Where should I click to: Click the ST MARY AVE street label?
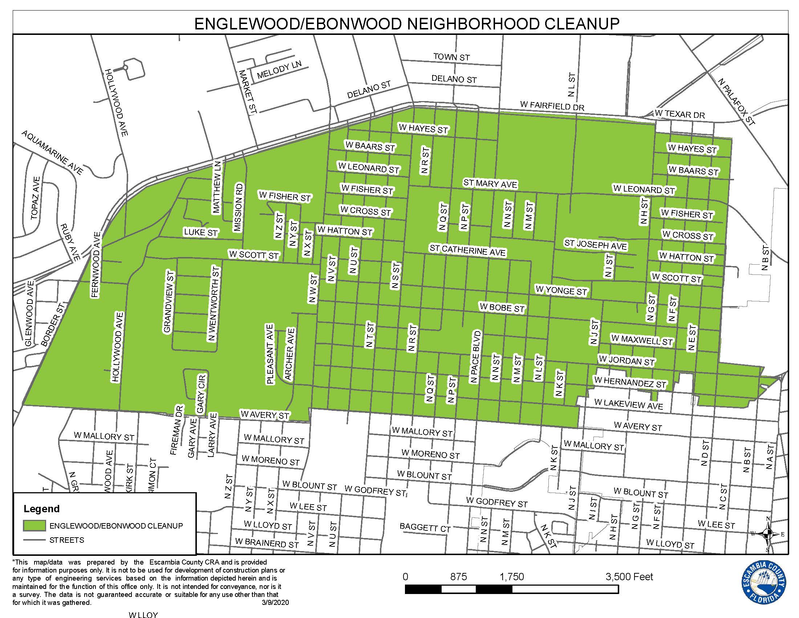click(490, 184)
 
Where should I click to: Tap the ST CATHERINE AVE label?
click(467, 251)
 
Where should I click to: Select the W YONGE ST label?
click(561, 291)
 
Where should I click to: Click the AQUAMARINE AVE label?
click(52, 152)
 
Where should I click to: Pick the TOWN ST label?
click(451, 57)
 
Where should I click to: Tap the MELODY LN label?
click(279, 70)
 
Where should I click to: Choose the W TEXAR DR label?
click(680, 114)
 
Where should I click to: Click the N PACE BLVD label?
click(475, 357)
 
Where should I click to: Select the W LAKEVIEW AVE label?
click(629, 404)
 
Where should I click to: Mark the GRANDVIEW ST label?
click(168, 302)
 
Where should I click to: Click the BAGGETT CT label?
click(425, 527)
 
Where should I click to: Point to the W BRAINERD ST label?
click(267, 543)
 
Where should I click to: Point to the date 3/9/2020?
click(275, 603)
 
